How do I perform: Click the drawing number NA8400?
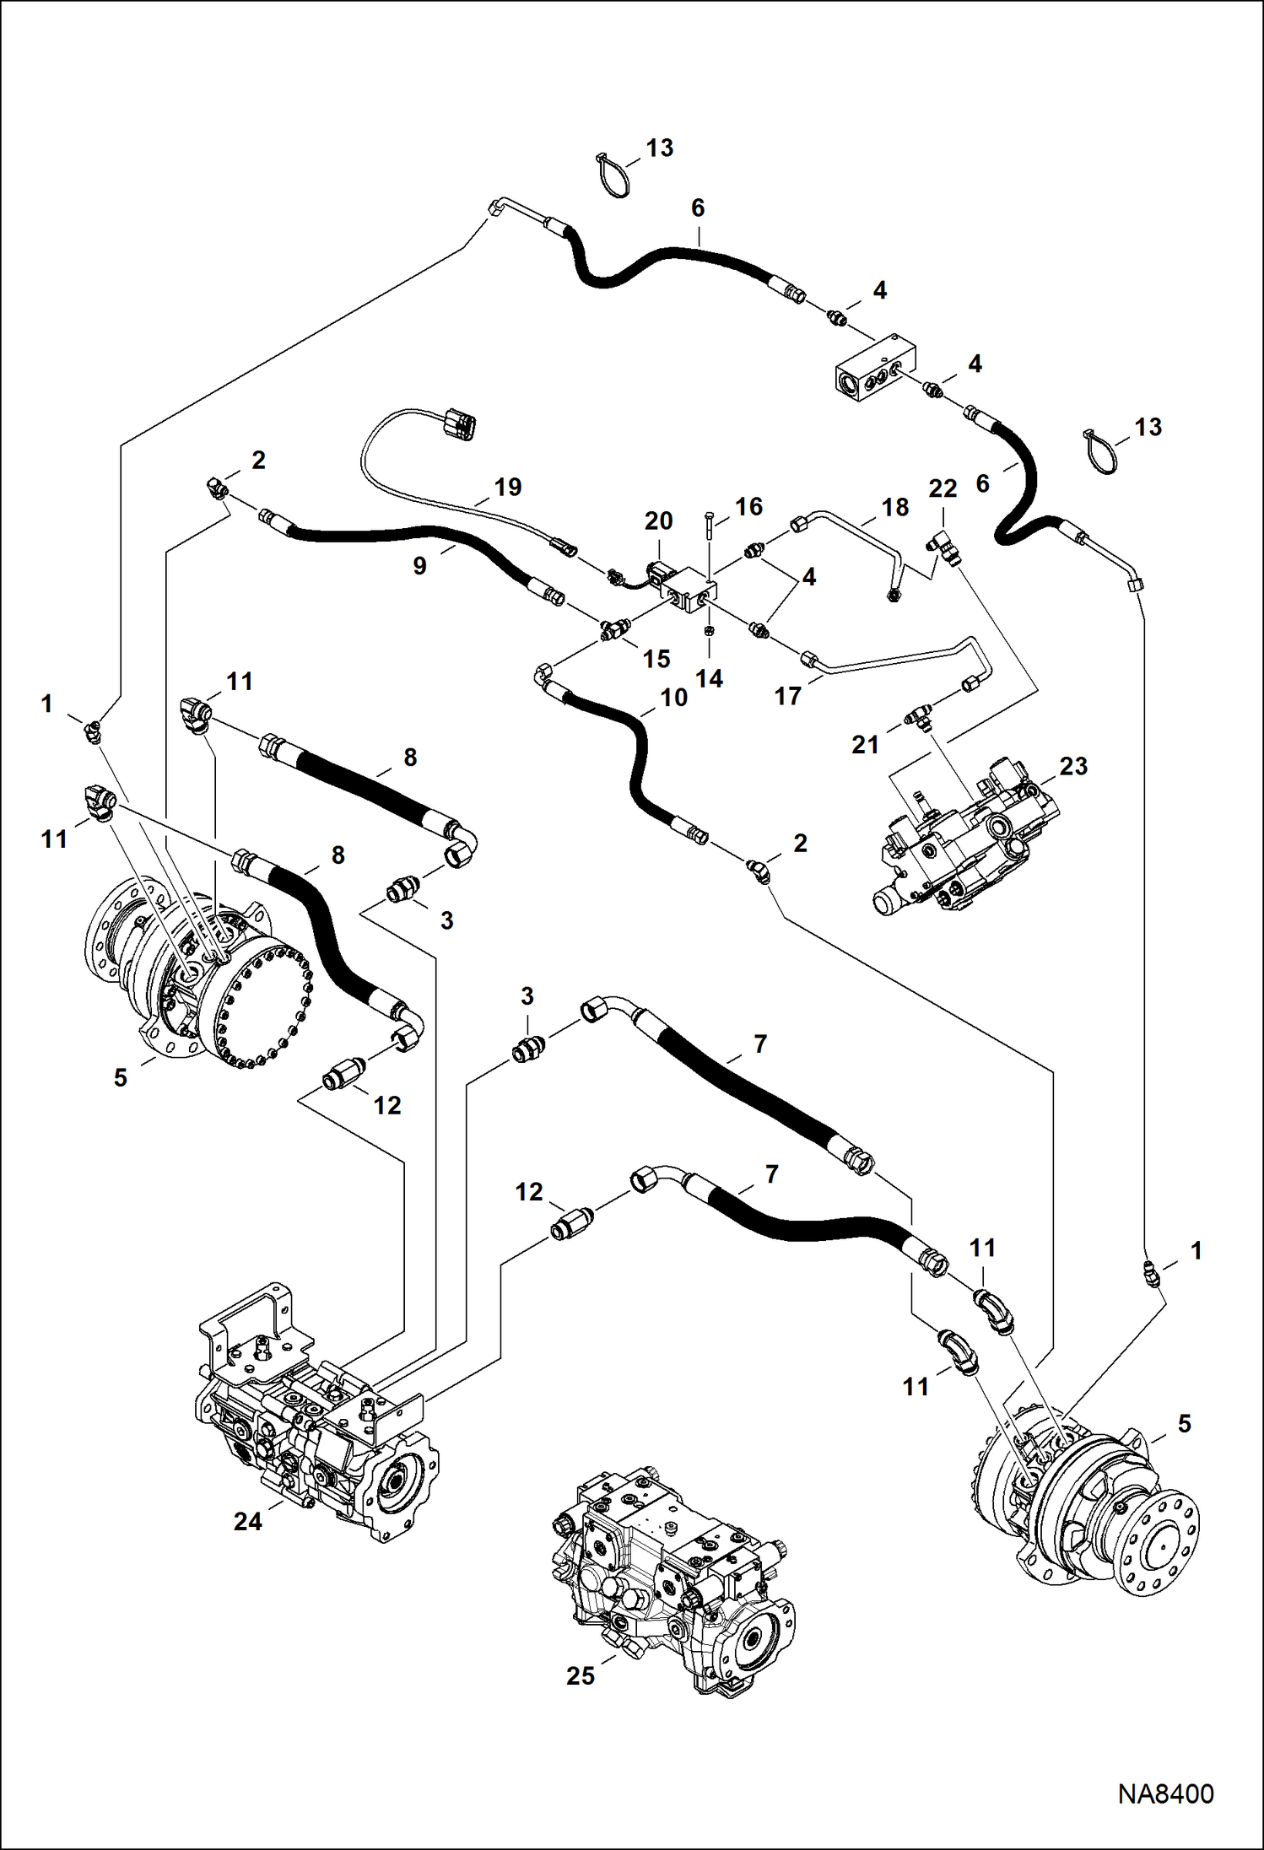coord(1165,1793)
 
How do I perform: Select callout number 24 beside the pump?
coord(248,1521)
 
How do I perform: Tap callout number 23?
coord(1073,766)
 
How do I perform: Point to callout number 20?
coord(658,521)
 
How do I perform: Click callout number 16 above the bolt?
coord(748,507)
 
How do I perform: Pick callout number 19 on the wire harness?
coord(508,488)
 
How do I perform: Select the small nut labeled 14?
coord(709,631)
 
